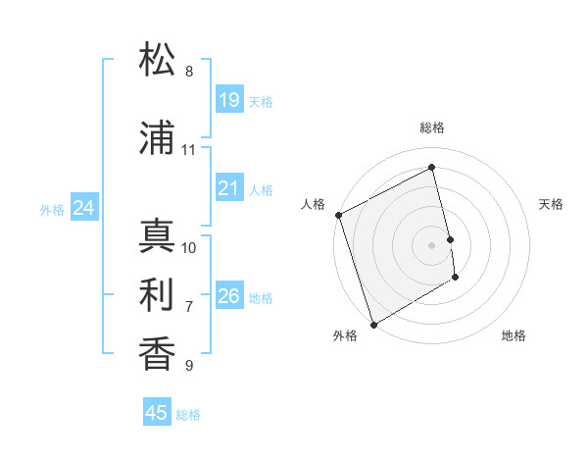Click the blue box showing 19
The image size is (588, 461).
point(228,100)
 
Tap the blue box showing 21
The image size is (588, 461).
point(228,188)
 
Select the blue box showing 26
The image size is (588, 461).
point(228,296)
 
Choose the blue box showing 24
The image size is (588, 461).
point(84,208)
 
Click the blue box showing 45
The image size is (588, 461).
point(157,413)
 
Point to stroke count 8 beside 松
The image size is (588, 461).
point(189,72)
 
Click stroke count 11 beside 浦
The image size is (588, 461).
point(189,150)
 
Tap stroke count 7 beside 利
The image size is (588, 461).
point(189,307)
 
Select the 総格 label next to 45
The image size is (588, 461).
point(188,415)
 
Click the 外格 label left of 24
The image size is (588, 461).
point(52,210)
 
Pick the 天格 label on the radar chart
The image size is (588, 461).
point(551,204)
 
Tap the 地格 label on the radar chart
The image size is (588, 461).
point(514,335)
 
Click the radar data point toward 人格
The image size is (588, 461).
point(338,215)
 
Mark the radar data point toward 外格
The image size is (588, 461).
point(372,323)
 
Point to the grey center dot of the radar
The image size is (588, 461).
point(431,244)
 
